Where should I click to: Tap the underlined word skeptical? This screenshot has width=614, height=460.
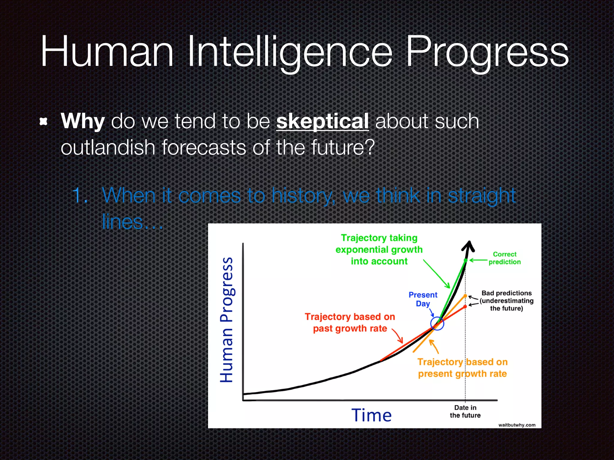[322, 121]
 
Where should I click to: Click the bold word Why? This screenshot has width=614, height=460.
[82, 121]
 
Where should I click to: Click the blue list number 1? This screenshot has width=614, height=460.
[79, 196]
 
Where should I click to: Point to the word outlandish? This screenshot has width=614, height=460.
[108, 148]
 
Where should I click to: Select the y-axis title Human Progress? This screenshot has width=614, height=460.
[227, 320]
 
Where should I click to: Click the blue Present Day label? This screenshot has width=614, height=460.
[423, 299]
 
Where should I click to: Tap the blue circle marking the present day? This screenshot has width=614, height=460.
[437, 323]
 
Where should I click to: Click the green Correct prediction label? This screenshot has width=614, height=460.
[505, 258]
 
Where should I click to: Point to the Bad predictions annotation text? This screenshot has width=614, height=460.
[506, 300]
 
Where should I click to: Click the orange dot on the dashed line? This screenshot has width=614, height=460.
[465, 296]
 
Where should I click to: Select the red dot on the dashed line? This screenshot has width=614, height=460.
[465, 307]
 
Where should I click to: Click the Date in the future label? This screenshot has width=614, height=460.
[465, 411]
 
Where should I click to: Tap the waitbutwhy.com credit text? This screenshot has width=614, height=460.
[517, 425]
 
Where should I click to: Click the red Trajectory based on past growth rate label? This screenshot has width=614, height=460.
[350, 323]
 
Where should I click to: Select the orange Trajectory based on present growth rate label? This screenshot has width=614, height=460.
[462, 368]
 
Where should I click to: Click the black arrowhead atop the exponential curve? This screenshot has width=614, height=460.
[469, 246]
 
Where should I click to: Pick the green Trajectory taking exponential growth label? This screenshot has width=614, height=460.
[379, 249]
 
